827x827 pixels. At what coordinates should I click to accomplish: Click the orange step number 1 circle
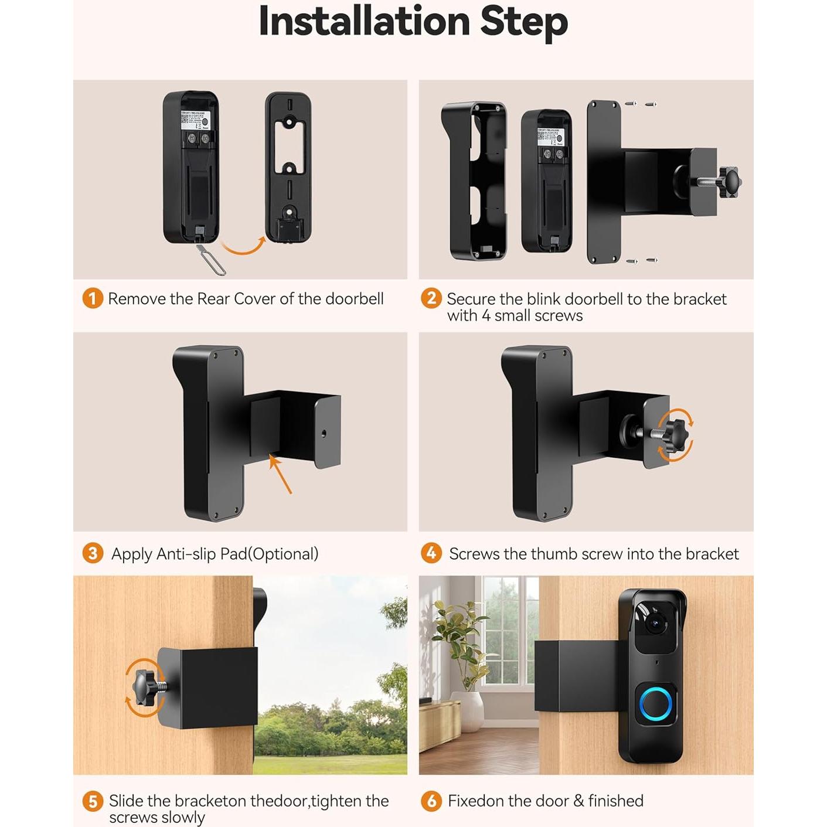pyautogui.click(x=93, y=298)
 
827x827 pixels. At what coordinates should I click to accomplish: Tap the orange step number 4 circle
pyautogui.click(x=431, y=553)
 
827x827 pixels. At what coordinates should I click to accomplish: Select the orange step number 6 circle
pyautogui.click(x=431, y=801)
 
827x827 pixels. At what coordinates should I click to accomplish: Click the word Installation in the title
pyautogui.click(x=364, y=22)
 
